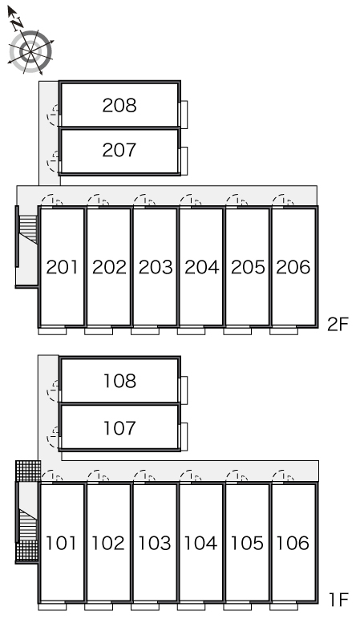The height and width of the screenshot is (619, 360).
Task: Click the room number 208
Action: click(x=119, y=105)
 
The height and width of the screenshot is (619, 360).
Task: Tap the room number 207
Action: click(x=119, y=150)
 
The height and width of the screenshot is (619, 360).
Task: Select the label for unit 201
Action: click(x=62, y=267)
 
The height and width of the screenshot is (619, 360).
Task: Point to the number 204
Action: click(x=201, y=267)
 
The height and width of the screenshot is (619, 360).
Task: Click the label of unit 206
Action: click(x=293, y=267)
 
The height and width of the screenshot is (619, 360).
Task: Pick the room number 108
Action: click(x=119, y=381)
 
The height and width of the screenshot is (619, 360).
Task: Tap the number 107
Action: click(x=119, y=428)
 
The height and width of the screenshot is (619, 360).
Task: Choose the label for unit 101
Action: click(x=61, y=543)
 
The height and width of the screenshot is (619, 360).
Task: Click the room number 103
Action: click(x=154, y=543)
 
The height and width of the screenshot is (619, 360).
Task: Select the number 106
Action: click(x=293, y=543)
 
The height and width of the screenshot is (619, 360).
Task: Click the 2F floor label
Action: click(x=338, y=325)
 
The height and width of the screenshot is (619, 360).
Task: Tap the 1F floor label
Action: click(x=338, y=601)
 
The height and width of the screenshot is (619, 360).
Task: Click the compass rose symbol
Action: click(x=30, y=51)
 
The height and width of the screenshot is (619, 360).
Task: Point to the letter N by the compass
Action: click(x=16, y=24)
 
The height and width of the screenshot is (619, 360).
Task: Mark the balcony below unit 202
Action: click(x=99, y=330)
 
